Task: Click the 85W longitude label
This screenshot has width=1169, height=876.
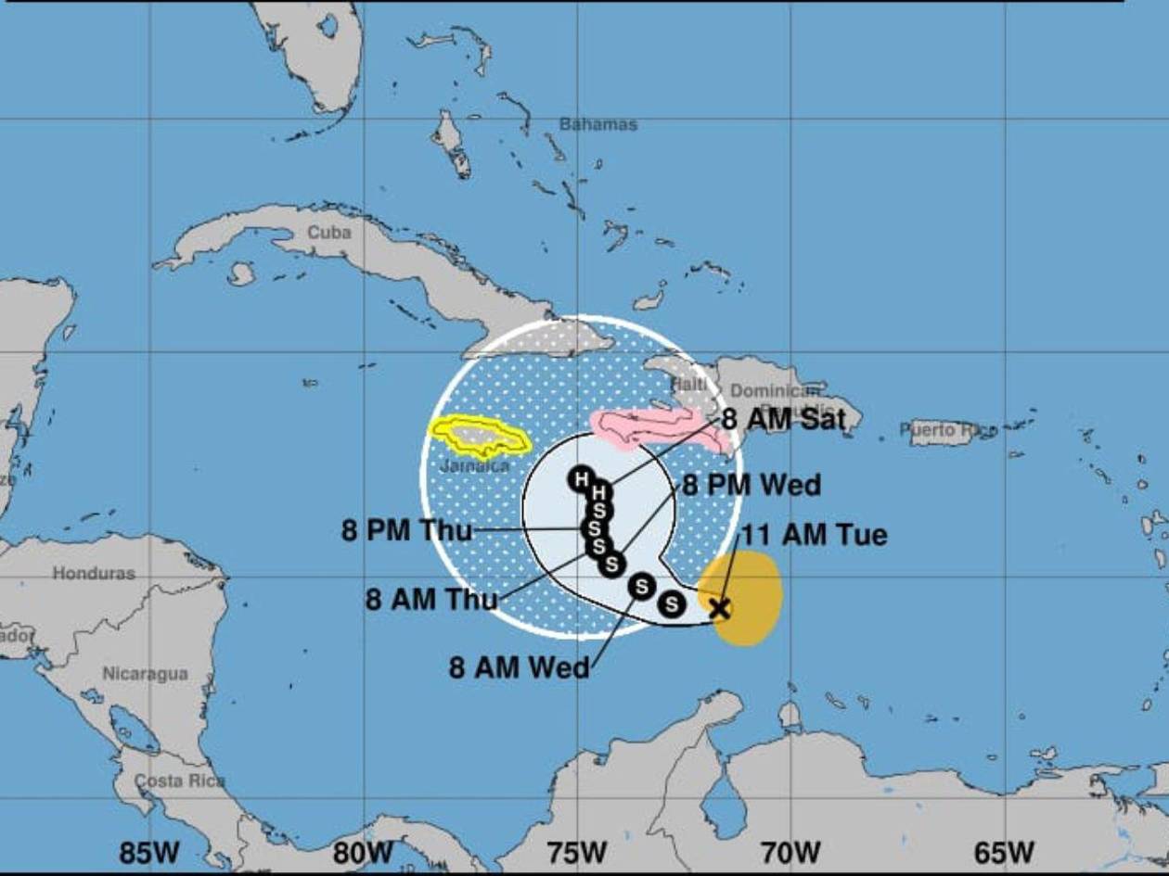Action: (149, 852)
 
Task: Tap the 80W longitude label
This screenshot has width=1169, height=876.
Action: (363, 852)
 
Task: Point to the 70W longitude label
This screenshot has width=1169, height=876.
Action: (790, 852)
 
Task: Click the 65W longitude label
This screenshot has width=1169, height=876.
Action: (1005, 852)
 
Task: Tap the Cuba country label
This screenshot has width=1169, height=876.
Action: (329, 232)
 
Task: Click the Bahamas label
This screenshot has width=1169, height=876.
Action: (598, 124)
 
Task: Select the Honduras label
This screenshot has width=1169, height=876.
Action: (94, 573)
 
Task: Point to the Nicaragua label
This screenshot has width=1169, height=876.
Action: (145, 674)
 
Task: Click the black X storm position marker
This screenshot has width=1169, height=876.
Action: (719, 608)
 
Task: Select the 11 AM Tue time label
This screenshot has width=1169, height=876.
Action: (814, 535)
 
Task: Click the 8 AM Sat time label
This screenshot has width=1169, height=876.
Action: (784, 420)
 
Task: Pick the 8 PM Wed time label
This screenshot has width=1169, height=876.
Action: (751, 485)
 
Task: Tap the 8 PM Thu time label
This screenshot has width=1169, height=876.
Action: (407, 531)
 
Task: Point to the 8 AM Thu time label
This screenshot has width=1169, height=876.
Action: (431, 599)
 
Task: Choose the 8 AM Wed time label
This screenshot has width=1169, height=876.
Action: (519, 667)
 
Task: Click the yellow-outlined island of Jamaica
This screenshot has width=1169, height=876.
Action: (480, 436)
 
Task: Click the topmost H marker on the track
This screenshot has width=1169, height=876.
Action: (581, 479)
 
